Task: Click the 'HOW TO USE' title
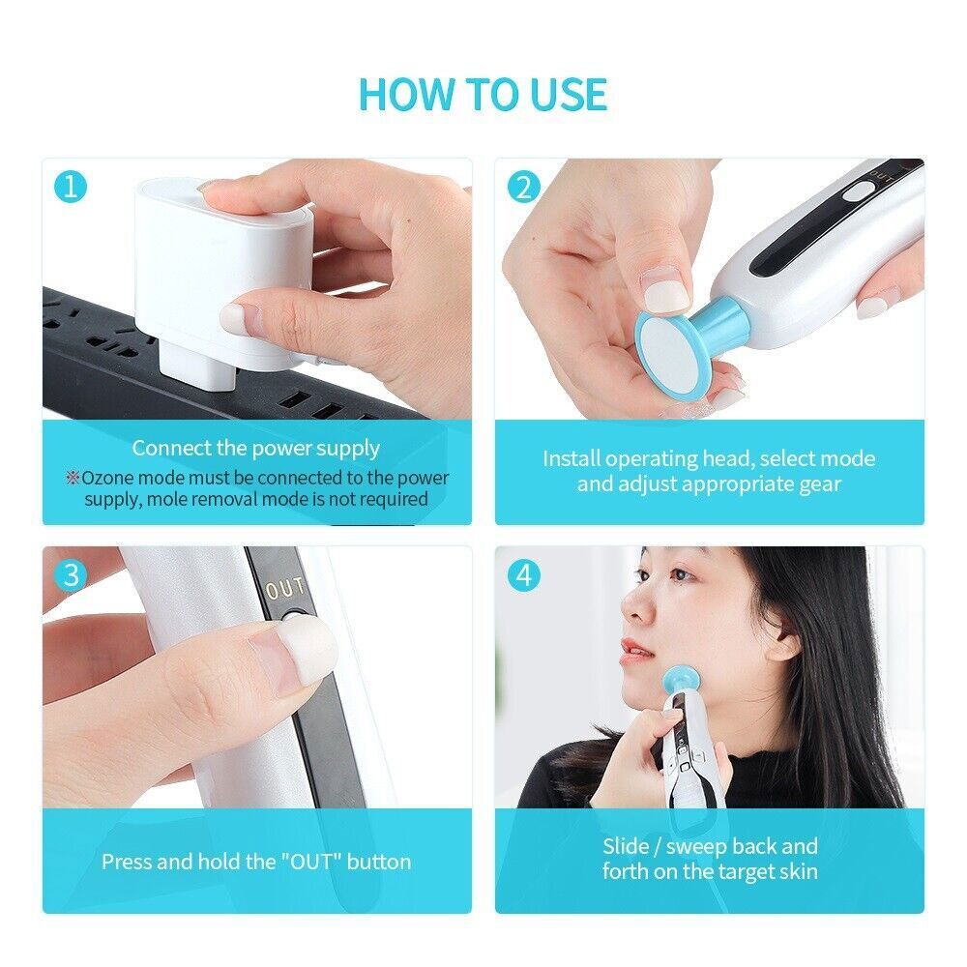tap(483, 94)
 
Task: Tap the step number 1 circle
tap(70, 187)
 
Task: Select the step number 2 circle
tap(523, 187)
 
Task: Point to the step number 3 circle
tap(70, 574)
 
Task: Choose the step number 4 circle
tap(523, 574)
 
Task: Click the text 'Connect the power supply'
tap(256, 448)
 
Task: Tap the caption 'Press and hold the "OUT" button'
tap(256, 861)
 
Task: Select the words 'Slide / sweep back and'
tap(710, 846)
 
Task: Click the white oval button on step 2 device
tap(854, 193)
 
